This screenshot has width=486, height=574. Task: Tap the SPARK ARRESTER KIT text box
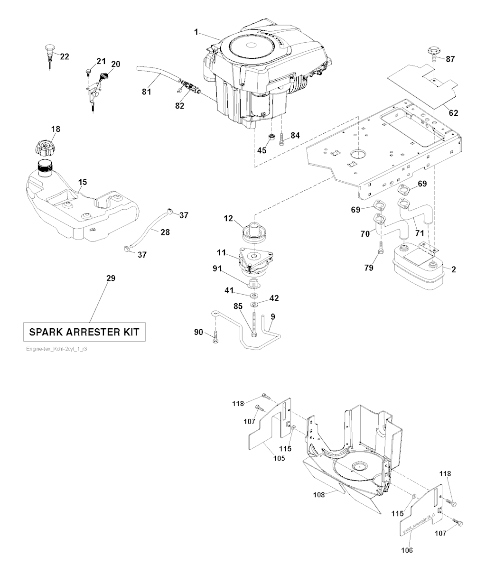pos(84,332)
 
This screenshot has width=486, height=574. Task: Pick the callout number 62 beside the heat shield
pos(454,113)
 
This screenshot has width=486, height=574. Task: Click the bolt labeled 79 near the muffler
pos(380,247)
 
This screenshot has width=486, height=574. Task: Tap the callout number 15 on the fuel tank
pos(83,182)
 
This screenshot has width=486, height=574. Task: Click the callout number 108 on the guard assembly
pos(318,494)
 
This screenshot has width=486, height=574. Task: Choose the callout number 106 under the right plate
pos(407,550)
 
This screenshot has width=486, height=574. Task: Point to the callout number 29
pos(110,278)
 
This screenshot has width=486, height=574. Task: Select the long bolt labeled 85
pos(256,324)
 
